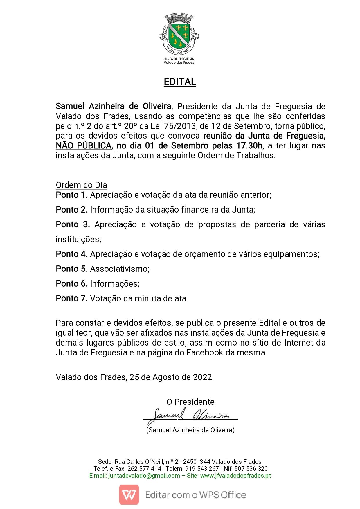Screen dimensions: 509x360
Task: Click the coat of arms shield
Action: coord(179,35)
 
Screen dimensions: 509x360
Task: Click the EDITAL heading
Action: coord(180,82)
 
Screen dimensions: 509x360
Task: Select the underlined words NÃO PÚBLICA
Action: coord(84,146)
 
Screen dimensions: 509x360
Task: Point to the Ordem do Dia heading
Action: coord(81,185)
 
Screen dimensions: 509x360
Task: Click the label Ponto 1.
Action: coord(72,195)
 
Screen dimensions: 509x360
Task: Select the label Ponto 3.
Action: coord(73,224)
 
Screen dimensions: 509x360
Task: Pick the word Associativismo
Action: coord(120,269)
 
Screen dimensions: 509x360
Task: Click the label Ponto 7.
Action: coord(72,298)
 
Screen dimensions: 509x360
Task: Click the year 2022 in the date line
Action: coord(202,377)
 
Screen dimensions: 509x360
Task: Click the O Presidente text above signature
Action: coord(190,402)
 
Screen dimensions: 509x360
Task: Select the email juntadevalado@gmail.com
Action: coord(144,476)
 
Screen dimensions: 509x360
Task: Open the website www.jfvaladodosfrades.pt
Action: coord(236,476)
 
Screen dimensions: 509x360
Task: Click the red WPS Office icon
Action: coord(129,494)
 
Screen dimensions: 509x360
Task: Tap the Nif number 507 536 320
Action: coord(251,469)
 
